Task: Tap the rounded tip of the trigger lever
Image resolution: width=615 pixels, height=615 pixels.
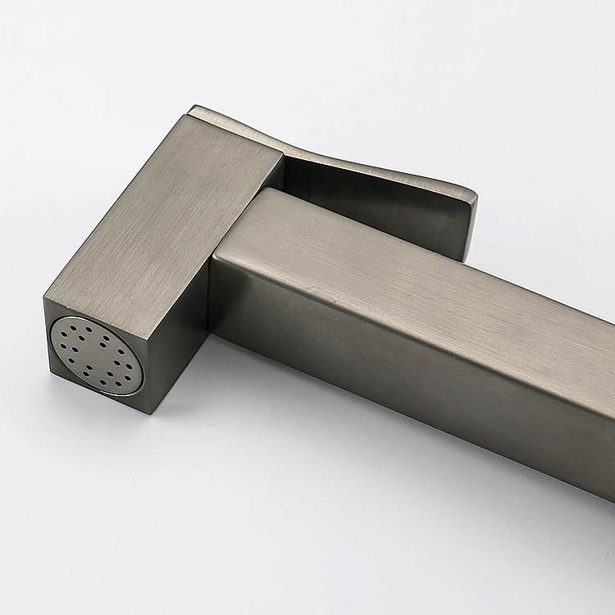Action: tap(469, 215)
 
